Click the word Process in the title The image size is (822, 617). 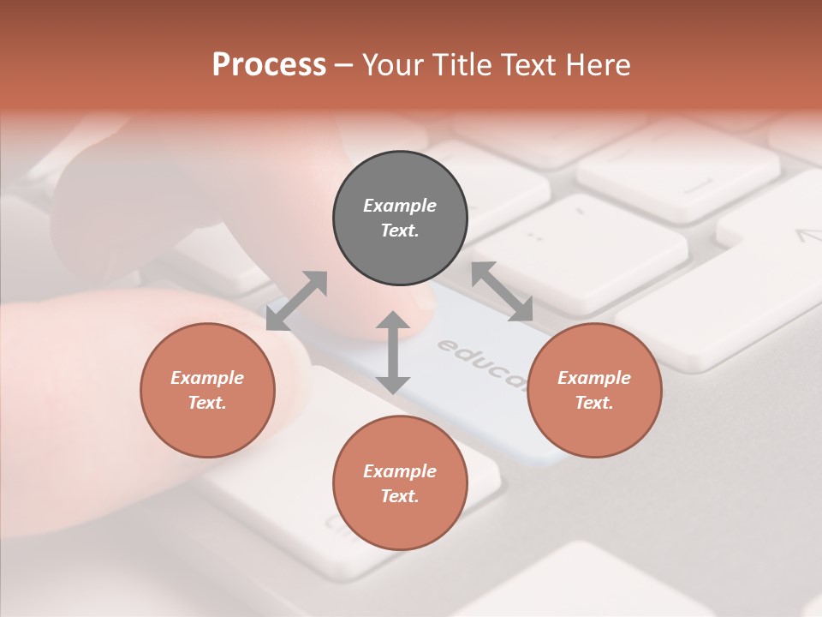[269, 65]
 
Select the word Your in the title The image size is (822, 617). [391, 65]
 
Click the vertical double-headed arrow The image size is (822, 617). [393, 352]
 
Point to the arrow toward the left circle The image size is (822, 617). [296, 301]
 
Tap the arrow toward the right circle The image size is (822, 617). [502, 291]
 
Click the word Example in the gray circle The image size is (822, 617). [400, 206]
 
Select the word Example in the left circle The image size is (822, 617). [207, 378]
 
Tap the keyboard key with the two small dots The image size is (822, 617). [536, 235]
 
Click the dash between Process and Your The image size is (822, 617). [343, 65]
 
